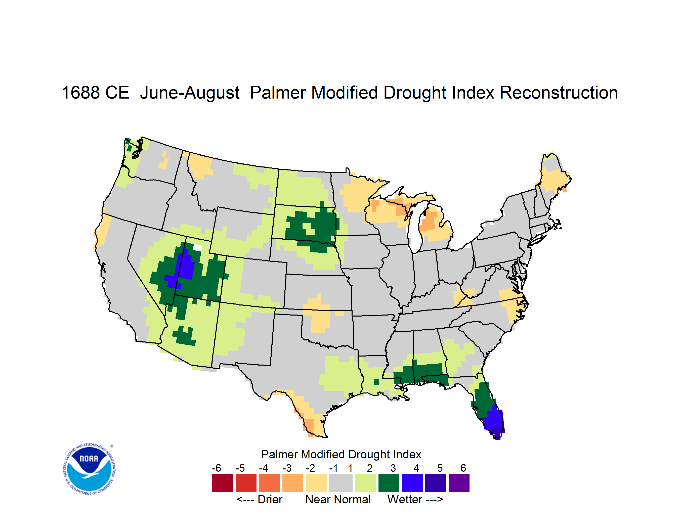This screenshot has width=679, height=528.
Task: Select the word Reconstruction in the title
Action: pyautogui.click(x=559, y=93)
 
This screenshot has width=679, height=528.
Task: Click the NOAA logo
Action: pyautogui.click(x=89, y=469)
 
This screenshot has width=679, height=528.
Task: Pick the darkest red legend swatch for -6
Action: pyautogui.click(x=223, y=483)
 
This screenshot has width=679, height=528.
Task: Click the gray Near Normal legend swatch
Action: pyautogui.click(x=341, y=483)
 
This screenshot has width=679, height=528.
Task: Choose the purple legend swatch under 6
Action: pyautogui.click(x=459, y=483)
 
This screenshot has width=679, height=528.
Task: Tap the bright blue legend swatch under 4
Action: pyautogui.click(x=412, y=483)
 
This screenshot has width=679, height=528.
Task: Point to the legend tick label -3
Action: pyautogui.click(x=287, y=468)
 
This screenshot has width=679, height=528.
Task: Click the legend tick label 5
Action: pyautogui.click(x=440, y=468)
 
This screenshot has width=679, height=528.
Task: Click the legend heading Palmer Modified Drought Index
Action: pyautogui.click(x=341, y=454)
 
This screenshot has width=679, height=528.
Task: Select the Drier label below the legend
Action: pyautogui.click(x=270, y=499)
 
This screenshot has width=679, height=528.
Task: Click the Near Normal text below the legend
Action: pyautogui.click(x=338, y=499)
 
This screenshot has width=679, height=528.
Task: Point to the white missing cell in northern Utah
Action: pyautogui.click(x=198, y=248)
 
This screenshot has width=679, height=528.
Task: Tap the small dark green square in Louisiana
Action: pyautogui.click(x=376, y=382)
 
